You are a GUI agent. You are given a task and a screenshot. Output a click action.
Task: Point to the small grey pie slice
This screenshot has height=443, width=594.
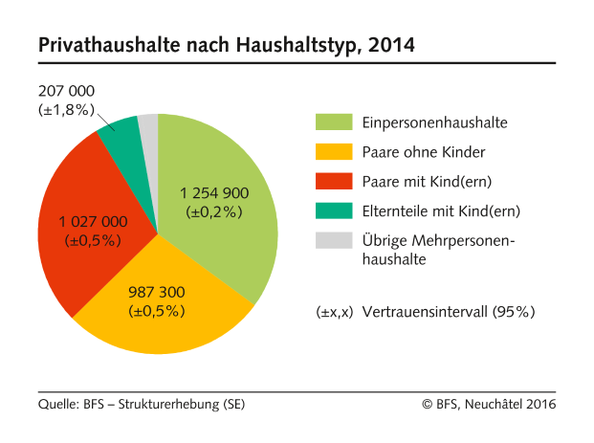[148, 128]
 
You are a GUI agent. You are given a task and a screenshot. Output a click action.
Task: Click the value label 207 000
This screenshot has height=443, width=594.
[66, 91]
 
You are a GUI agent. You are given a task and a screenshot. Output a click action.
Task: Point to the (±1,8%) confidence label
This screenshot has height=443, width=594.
[66, 109]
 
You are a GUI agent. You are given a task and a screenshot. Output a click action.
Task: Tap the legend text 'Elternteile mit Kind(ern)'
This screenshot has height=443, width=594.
[441, 210]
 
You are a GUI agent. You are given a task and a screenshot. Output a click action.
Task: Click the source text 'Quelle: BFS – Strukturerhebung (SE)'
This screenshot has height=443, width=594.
[142, 404]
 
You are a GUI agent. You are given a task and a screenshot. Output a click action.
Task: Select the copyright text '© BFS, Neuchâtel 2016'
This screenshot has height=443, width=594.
[489, 404]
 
